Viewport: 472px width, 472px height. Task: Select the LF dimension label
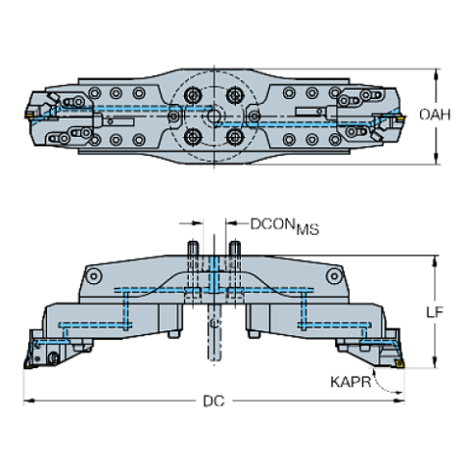(x=435, y=311)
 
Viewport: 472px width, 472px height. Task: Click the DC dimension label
(x=213, y=401)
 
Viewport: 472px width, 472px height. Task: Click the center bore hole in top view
(x=215, y=116)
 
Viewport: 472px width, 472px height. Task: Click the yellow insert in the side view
(x=395, y=363)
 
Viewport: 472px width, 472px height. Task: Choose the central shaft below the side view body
(x=214, y=337)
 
